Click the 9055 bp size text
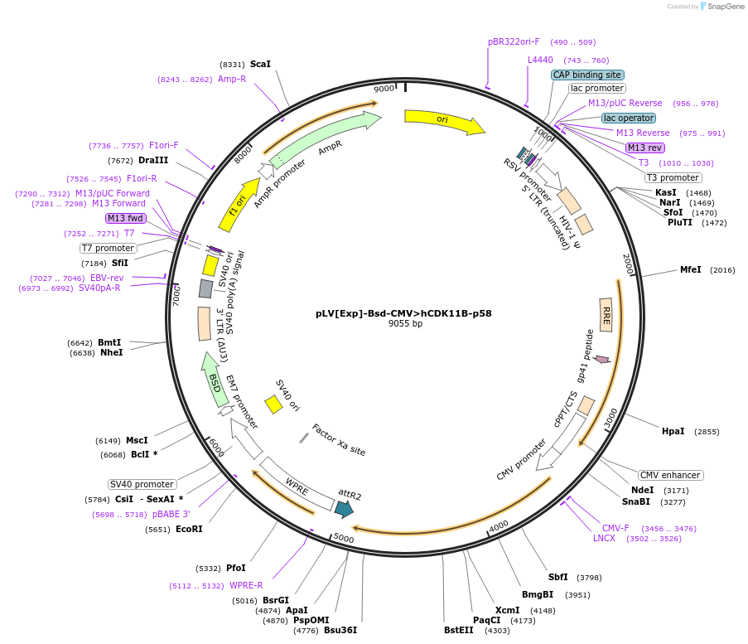(x=405, y=324)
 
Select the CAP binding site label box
(x=587, y=75)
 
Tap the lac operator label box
(x=629, y=118)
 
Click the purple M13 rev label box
(x=644, y=148)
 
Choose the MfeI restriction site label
(x=690, y=269)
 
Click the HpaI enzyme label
(x=673, y=431)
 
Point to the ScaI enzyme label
(x=260, y=64)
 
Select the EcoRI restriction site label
(x=189, y=529)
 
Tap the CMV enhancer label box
(x=670, y=475)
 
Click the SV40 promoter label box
(x=142, y=484)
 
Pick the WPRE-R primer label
(x=246, y=585)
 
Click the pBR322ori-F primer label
(x=514, y=41)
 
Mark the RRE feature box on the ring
(x=606, y=314)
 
